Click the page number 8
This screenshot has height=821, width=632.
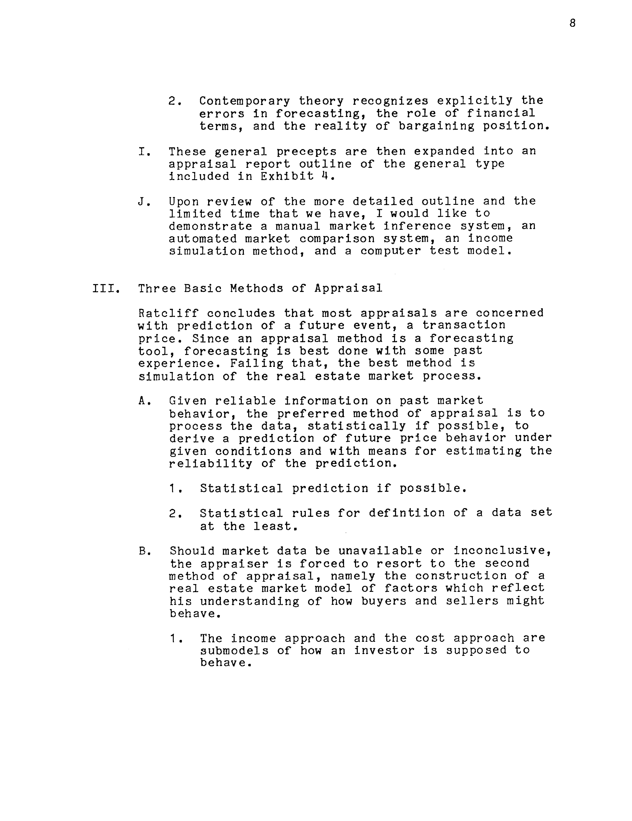(x=572, y=23)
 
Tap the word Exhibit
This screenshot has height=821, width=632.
(x=287, y=176)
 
